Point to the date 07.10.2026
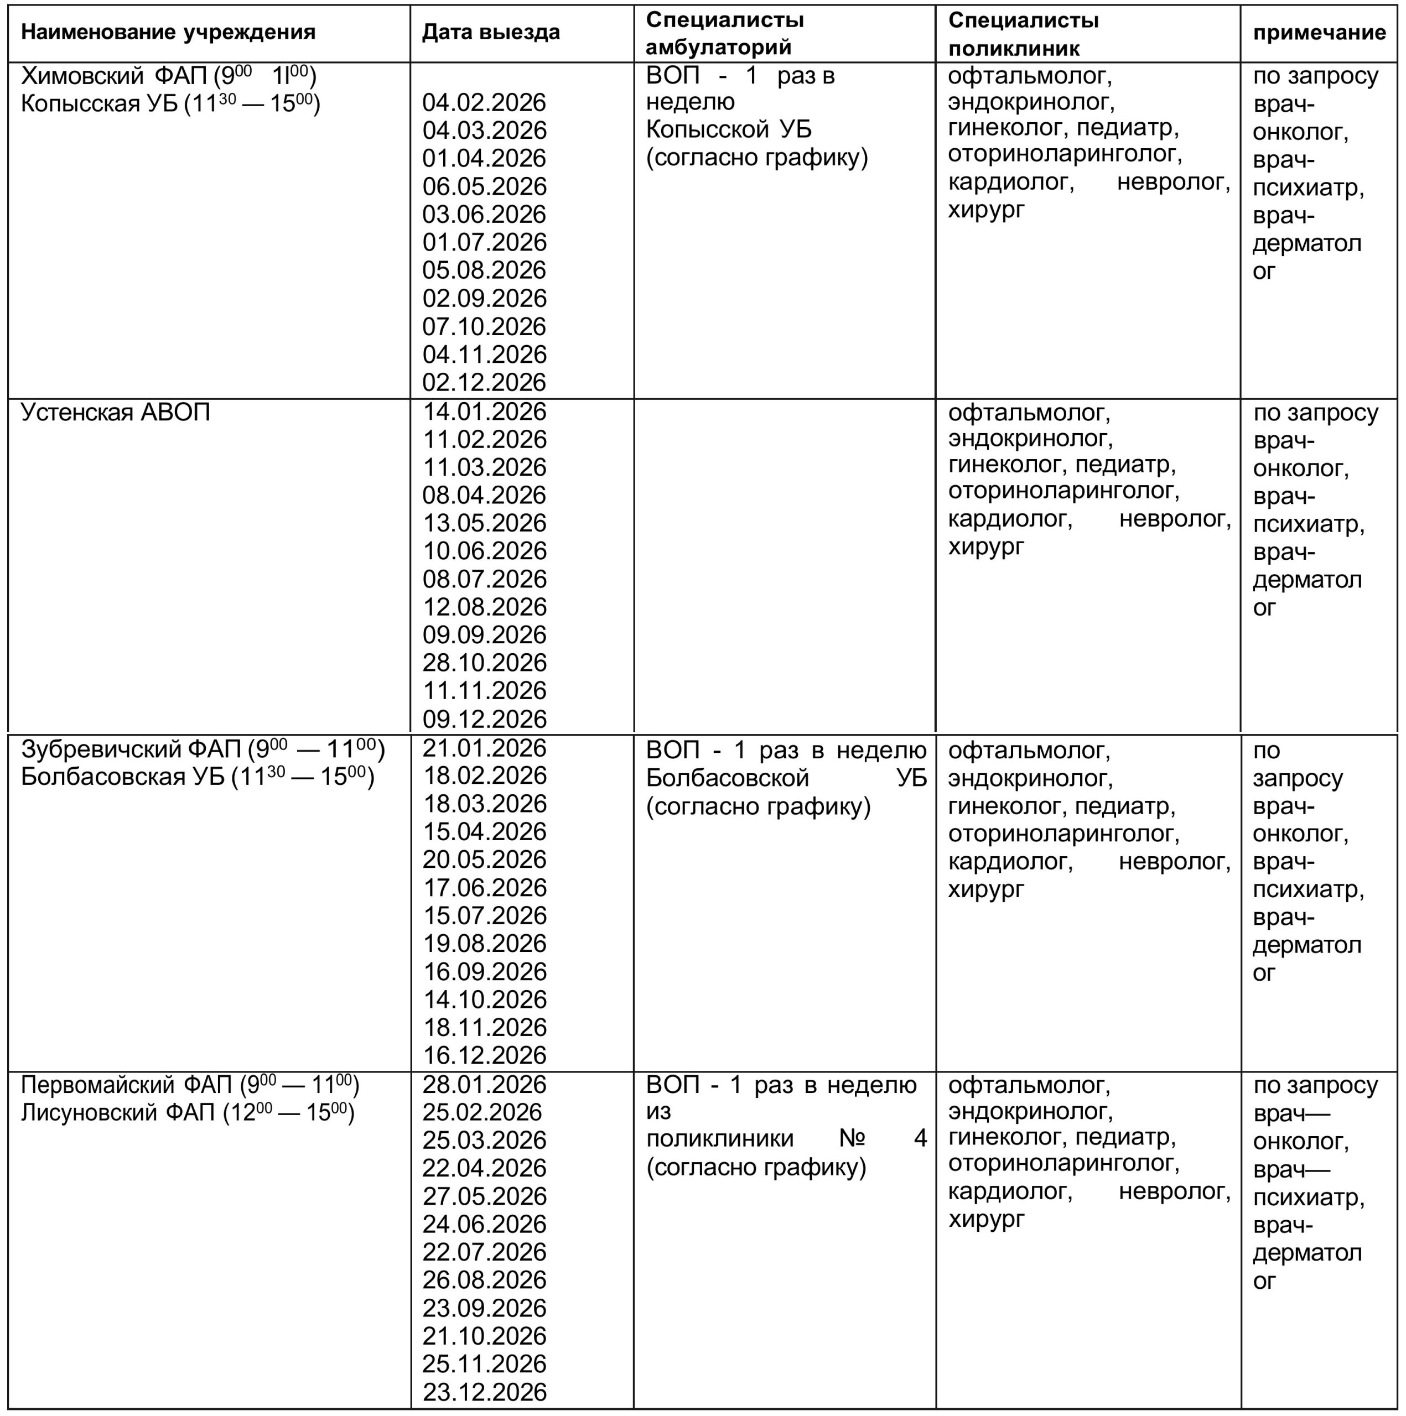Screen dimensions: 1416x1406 [x=484, y=327]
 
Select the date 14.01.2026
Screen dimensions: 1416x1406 [x=484, y=412]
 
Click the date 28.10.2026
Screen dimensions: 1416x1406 [x=484, y=663]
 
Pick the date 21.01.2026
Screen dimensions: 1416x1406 [x=484, y=748]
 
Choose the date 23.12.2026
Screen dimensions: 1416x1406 [x=484, y=1392]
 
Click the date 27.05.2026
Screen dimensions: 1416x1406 [x=484, y=1196]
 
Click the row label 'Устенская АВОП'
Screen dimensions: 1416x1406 [x=115, y=413]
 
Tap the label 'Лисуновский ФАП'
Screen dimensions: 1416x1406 [x=117, y=1112]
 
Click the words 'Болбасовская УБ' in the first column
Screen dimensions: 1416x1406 [x=122, y=777]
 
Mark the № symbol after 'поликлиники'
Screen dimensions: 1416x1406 [x=852, y=1138]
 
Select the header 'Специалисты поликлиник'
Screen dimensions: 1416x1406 [x=1023, y=34]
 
